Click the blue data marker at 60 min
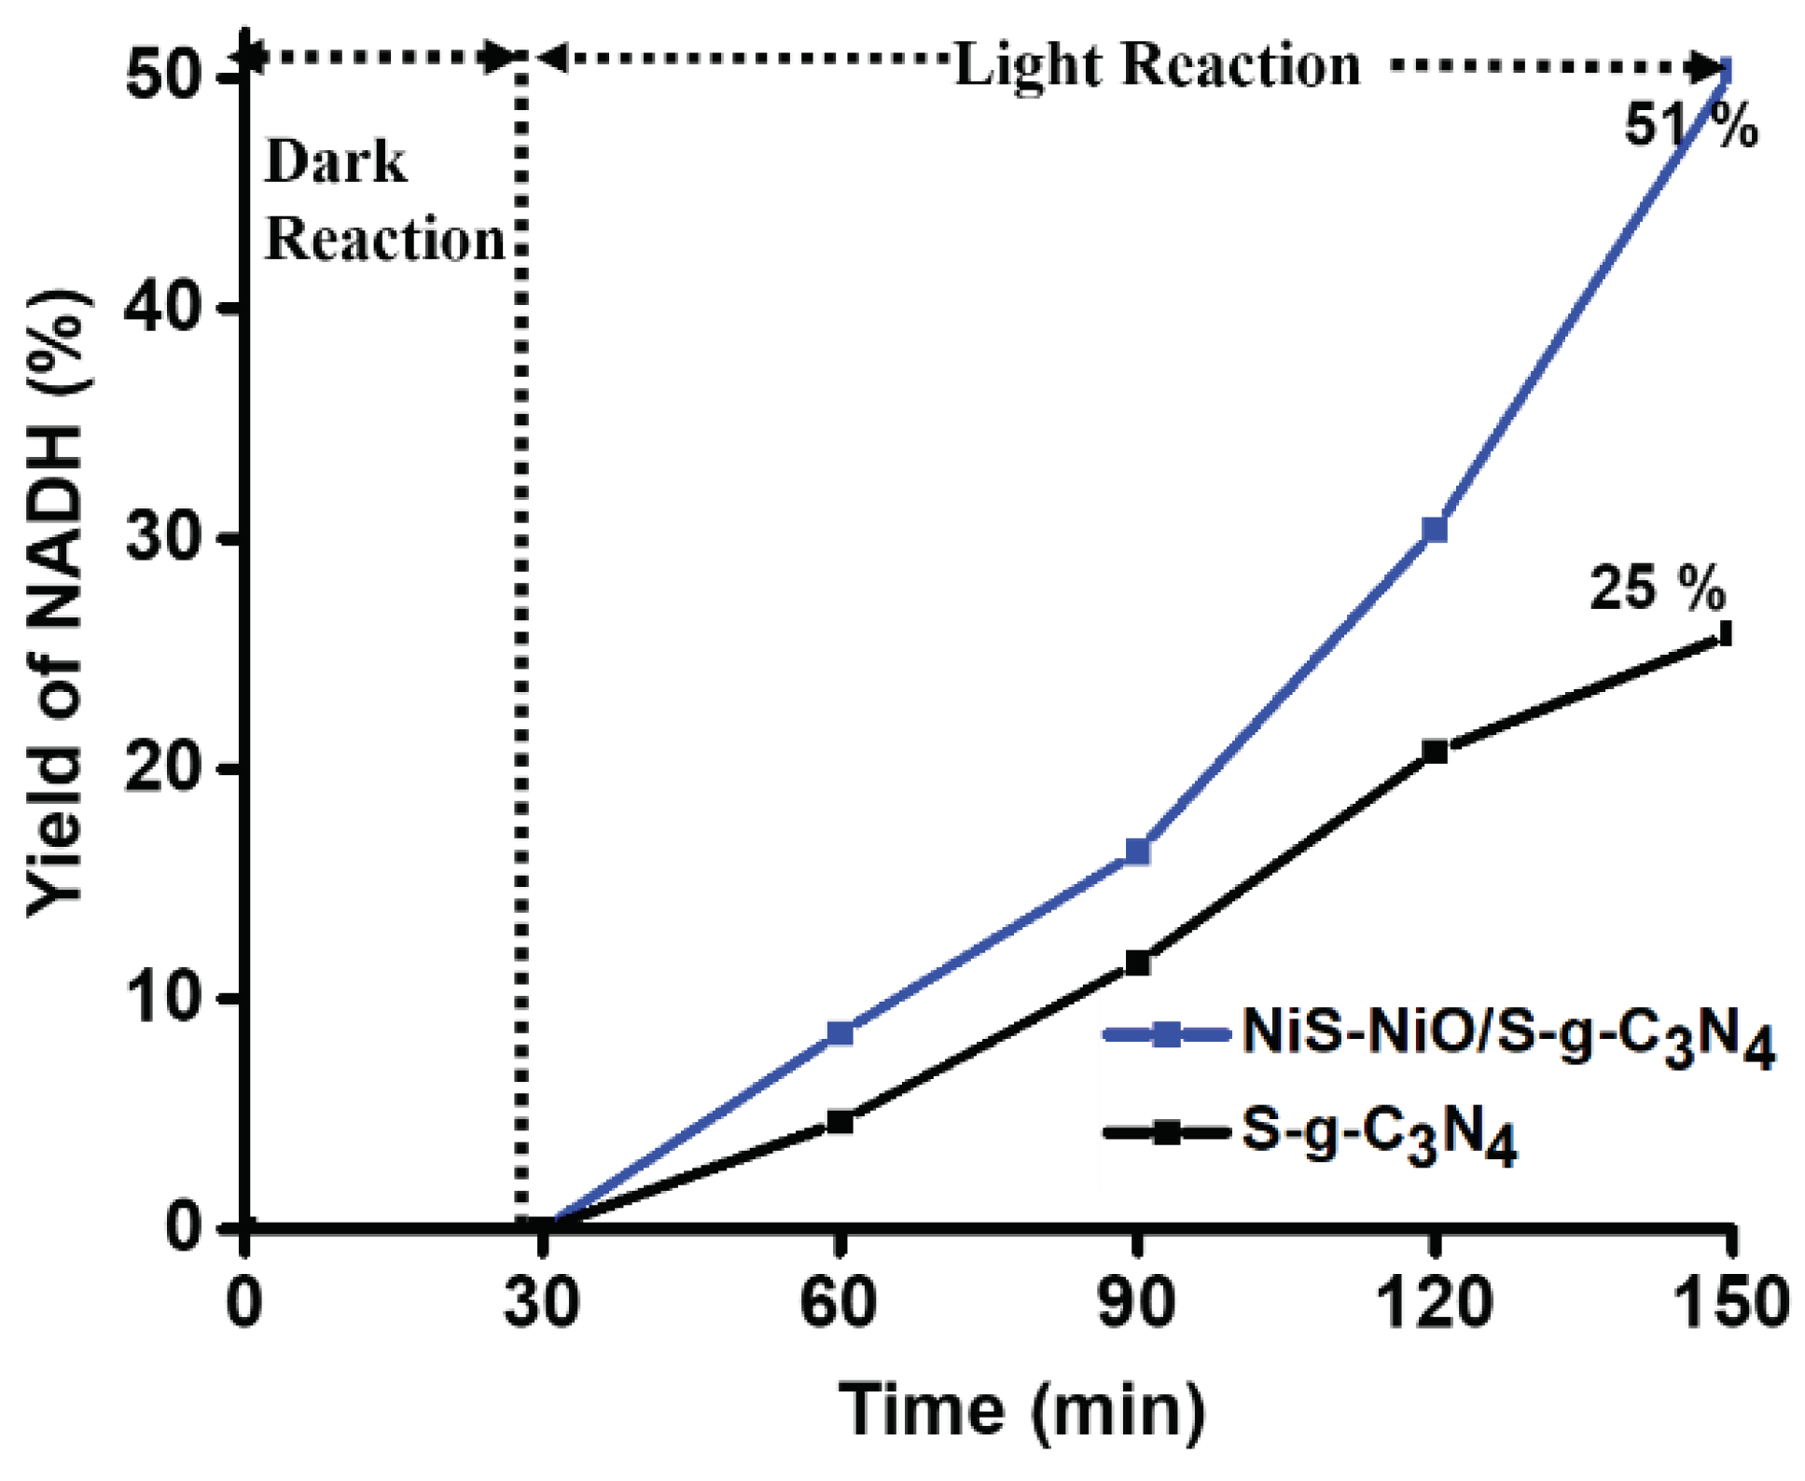(840, 1032)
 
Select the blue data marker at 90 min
(1137, 851)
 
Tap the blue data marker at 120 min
(1435, 530)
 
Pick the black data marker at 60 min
(840, 1121)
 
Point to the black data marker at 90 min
(1137, 962)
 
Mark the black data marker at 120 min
(1435, 751)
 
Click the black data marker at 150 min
(1725, 634)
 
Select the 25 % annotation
(1657, 588)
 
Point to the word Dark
(336, 162)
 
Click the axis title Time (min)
(1022, 1408)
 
